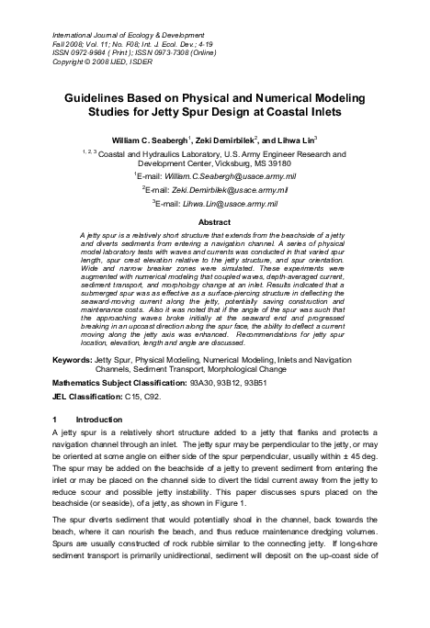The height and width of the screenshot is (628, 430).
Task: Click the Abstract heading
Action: pyautogui.click(x=214, y=222)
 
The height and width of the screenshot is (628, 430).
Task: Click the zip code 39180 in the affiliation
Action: pyautogui.click(x=285, y=163)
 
